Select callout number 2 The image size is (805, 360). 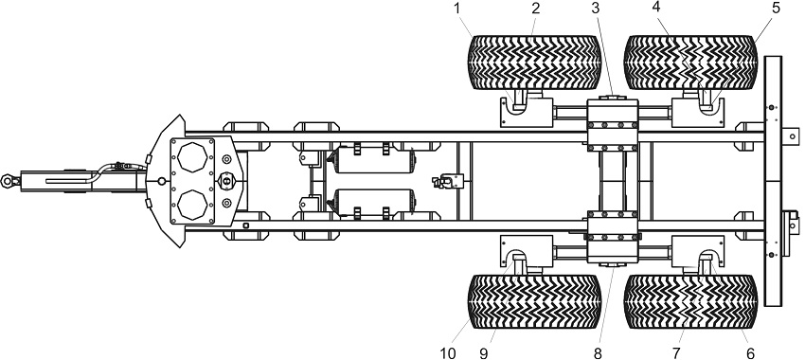point(535,9)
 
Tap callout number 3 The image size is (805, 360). point(595,9)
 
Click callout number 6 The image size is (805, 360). point(750,352)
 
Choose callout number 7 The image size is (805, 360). point(675,352)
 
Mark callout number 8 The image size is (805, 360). point(597,352)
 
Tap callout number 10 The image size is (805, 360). point(448,352)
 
